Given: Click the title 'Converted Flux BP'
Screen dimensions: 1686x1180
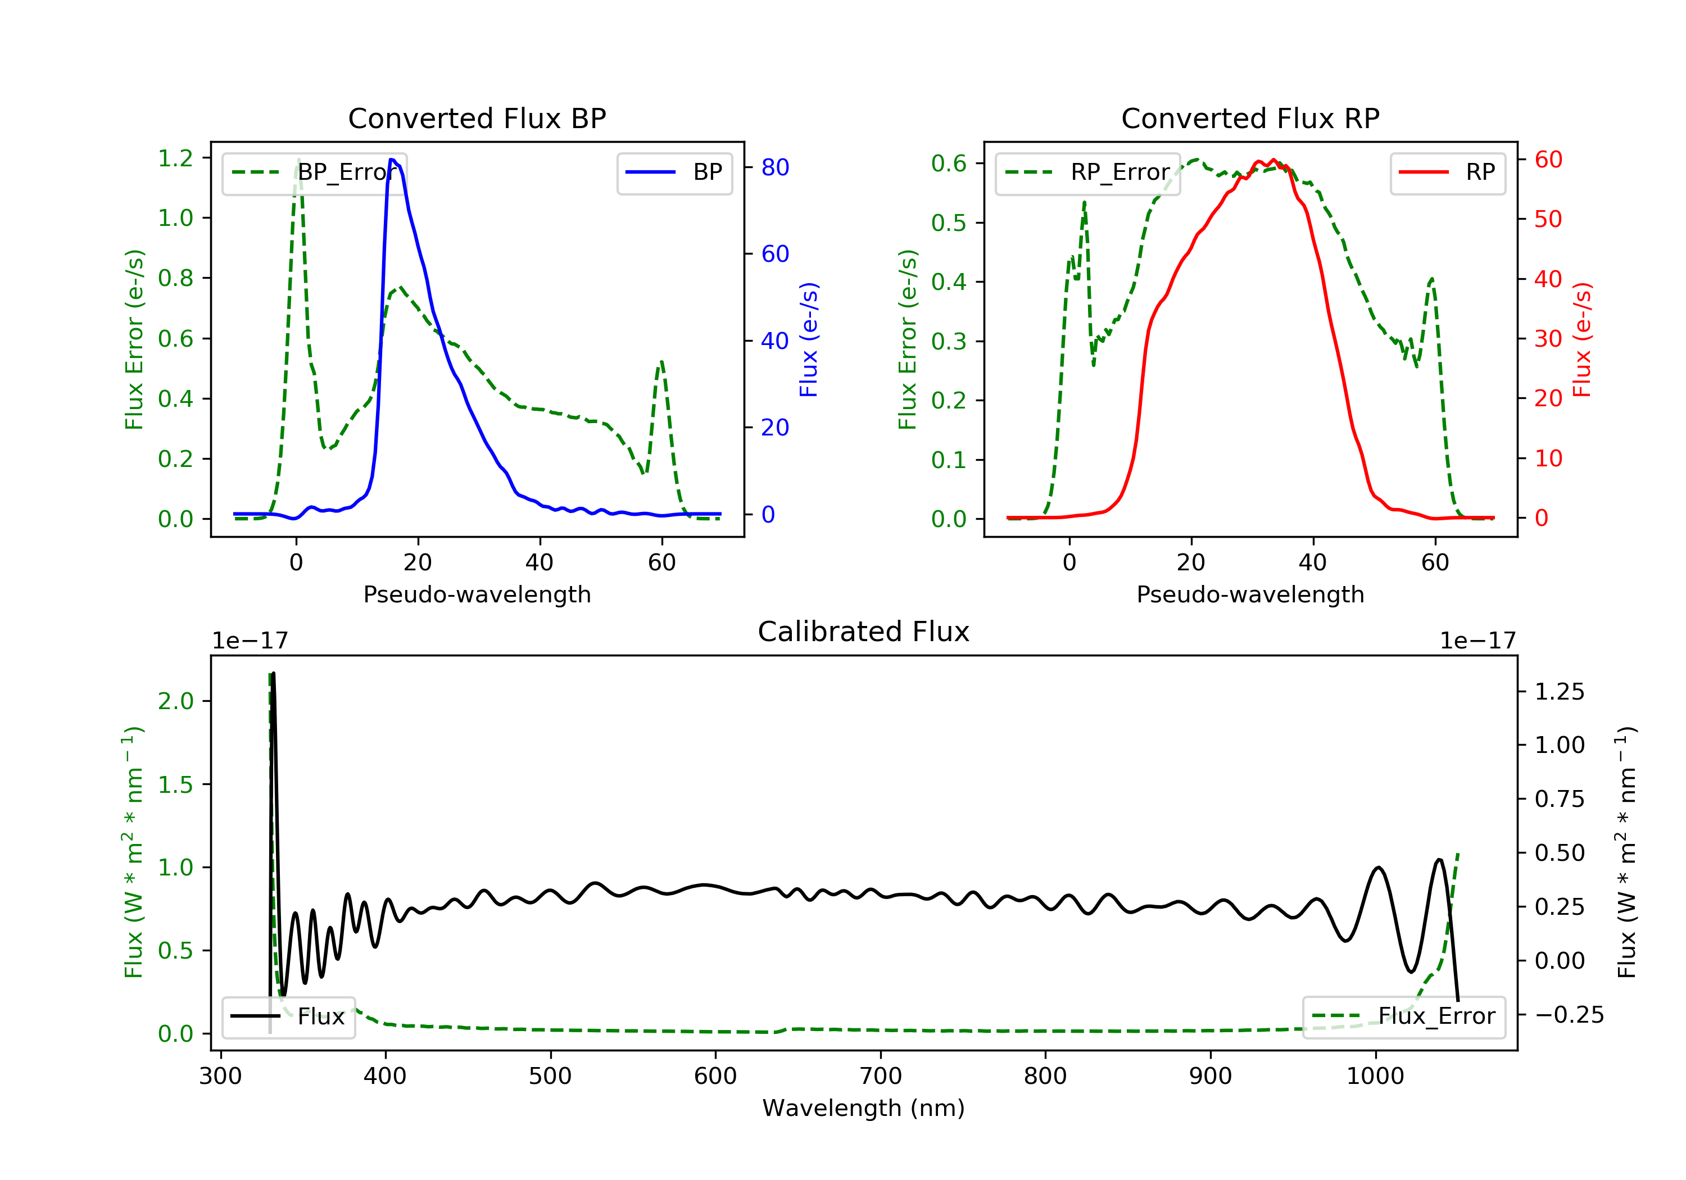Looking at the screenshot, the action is (x=477, y=118).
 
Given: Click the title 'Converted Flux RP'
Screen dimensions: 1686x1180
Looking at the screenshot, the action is (x=1250, y=118).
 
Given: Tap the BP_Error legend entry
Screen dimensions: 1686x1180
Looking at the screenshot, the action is (x=314, y=173).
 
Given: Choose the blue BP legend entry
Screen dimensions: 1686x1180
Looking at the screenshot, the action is (x=674, y=173).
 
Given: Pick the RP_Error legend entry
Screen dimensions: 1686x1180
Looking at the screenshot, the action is (x=1087, y=173).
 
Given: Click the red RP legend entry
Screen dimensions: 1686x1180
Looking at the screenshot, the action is (x=1447, y=173).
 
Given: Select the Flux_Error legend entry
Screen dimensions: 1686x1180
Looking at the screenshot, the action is (x=1403, y=1016).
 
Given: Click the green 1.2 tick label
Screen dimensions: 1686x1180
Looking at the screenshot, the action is (x=175, y=158).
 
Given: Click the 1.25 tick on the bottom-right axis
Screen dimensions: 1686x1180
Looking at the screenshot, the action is (x=1560, y=692).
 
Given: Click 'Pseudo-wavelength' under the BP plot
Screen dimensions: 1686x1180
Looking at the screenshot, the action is (x=477, y=594).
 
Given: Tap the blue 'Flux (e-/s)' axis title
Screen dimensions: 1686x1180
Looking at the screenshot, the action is (x=809, y=339).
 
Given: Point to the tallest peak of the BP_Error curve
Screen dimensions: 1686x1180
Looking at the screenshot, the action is (x=298, y=160).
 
